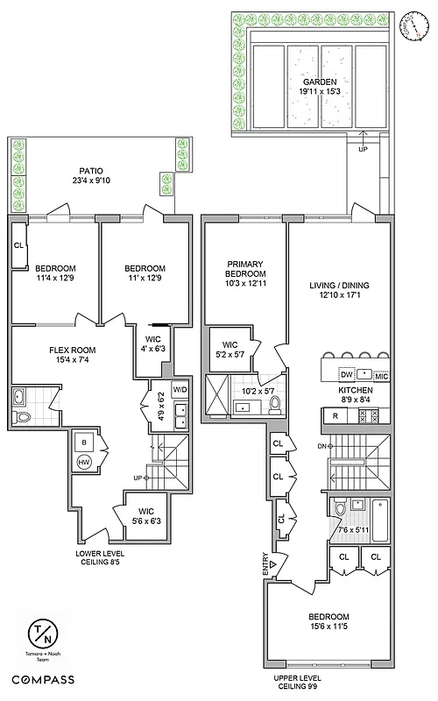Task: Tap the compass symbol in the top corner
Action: click(x=410, y=28)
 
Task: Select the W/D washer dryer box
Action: click(x=181, y=389)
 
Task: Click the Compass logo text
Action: click(x=42, y=679)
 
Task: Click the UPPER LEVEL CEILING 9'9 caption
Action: click(x=298, y=683)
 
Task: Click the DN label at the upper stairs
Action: click(x=321, y=445)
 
